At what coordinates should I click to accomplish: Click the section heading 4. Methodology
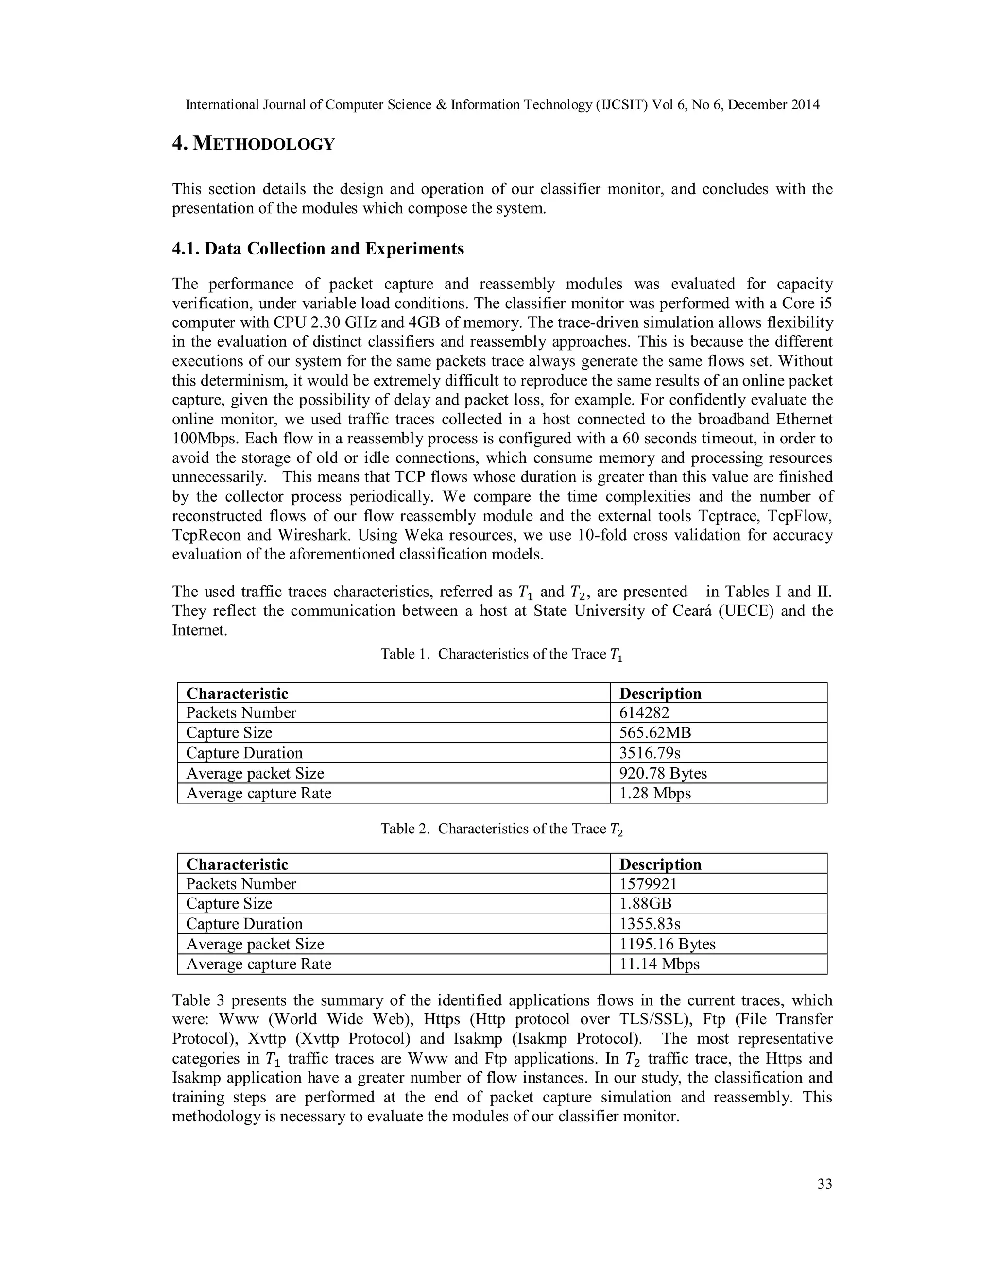coord(254,143)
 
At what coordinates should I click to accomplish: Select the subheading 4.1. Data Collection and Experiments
coord(318,249)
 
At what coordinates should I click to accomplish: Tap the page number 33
coord(824,1184)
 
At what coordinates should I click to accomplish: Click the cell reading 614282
coord(644,713)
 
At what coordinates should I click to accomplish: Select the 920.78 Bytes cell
coord(663,773)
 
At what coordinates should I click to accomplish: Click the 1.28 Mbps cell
coord(655,793)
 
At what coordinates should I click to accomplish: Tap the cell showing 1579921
coord(648,884)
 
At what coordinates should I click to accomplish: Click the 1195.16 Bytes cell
coord(667,944)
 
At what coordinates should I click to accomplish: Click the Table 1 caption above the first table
coord(501,655)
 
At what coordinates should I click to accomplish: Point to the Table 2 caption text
coord(501,829)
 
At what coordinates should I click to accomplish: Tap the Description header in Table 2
coord(660,864)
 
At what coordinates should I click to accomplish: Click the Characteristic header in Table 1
coord(237,694)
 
